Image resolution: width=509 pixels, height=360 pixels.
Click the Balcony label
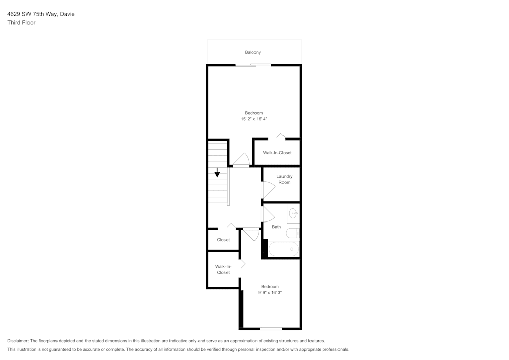[x=253, y=52]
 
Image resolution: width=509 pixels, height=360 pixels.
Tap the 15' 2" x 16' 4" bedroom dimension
[x=254, y=119]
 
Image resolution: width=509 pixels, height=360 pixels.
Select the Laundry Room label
[x=285, y=179]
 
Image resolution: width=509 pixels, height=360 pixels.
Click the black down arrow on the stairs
[x=217, y=173]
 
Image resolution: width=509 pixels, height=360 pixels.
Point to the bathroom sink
[x=293, y=213]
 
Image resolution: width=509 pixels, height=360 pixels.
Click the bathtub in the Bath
[x=283, y=249]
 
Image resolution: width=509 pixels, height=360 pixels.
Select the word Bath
[x=276, y=227]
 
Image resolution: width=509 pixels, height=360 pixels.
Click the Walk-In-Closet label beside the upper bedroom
[x=277, y=153]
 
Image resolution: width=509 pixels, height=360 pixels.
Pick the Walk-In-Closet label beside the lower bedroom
[x=223, y=269]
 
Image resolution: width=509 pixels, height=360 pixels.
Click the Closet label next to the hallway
[x=223, y=240]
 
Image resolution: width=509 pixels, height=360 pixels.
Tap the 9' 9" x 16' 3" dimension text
[x=270, y=293]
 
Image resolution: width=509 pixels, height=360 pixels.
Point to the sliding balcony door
[x=253, y=65]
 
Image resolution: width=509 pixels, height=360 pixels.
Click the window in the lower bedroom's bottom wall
[x=271, y=328]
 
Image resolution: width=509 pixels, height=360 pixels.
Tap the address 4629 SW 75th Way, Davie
[x=41, y=14]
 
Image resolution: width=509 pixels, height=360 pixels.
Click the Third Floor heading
[x=21, y=23]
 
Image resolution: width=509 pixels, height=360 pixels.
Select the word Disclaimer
[x=18, y=341]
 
